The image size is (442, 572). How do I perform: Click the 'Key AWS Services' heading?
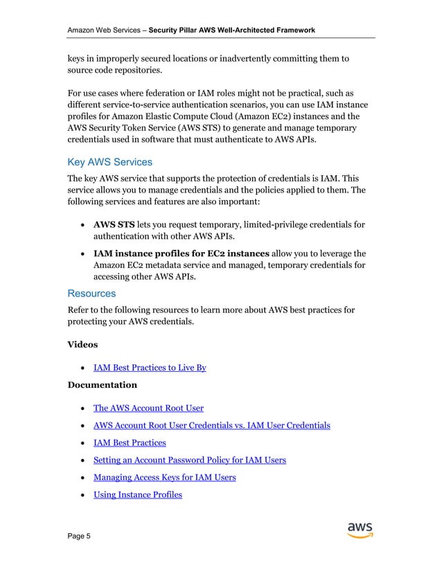click(x=109, y=163)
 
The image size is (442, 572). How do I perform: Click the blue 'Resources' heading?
click(x=91, y=294)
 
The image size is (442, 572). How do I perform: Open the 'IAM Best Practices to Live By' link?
click(x=150, y=368)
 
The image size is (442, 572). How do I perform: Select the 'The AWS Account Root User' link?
click(x=148, y=407)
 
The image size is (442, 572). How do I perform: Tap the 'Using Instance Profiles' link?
click(x=138, y=494)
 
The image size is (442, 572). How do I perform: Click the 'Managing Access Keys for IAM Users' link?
click(x=165, y=477)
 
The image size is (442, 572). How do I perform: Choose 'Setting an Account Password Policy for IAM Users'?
click(x=190, y=460)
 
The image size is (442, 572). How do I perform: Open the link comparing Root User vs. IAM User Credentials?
click(x=212, y=424)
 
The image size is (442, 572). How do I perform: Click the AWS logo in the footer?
click(x=360, y=530)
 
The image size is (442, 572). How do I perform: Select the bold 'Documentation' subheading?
click(x=102, y=384)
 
